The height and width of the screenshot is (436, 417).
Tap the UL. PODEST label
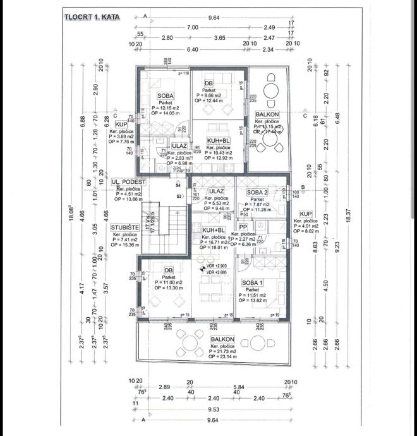click(x=128, y=181)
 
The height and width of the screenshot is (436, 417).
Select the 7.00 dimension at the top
click(x=193, y=28)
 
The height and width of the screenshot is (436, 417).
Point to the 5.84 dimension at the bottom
click(x=238, y=386)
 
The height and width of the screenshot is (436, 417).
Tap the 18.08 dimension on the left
click(x=71, y=215)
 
